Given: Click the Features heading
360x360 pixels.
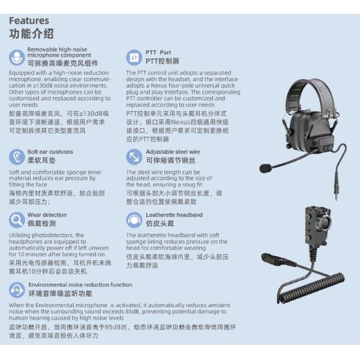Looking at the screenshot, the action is (x=29, y=20).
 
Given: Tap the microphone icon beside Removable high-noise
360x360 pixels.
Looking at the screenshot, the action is (x=17, y=58).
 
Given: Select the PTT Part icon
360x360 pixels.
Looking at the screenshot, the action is (x=134, y=58).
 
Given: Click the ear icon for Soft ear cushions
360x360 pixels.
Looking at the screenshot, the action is (x=17, y=157).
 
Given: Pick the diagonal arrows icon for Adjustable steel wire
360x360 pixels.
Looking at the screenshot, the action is (x=134, y=157).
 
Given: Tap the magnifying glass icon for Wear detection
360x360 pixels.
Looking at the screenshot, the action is (x=17, y=220).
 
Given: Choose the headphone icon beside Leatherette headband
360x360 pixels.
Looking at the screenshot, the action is (x=134, y=220).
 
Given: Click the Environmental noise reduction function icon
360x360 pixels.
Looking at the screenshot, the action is (x=17, y=290).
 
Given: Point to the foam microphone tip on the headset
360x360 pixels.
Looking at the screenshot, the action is (x=266, y=168).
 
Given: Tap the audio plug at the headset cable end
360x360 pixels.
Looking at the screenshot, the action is (x=336, y=193).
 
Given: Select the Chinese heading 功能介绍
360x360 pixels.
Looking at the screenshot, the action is (x=31, y=34).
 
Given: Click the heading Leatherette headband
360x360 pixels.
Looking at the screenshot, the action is (x=174, y=215).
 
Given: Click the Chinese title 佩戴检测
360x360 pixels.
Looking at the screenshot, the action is (x=41, y=223).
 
